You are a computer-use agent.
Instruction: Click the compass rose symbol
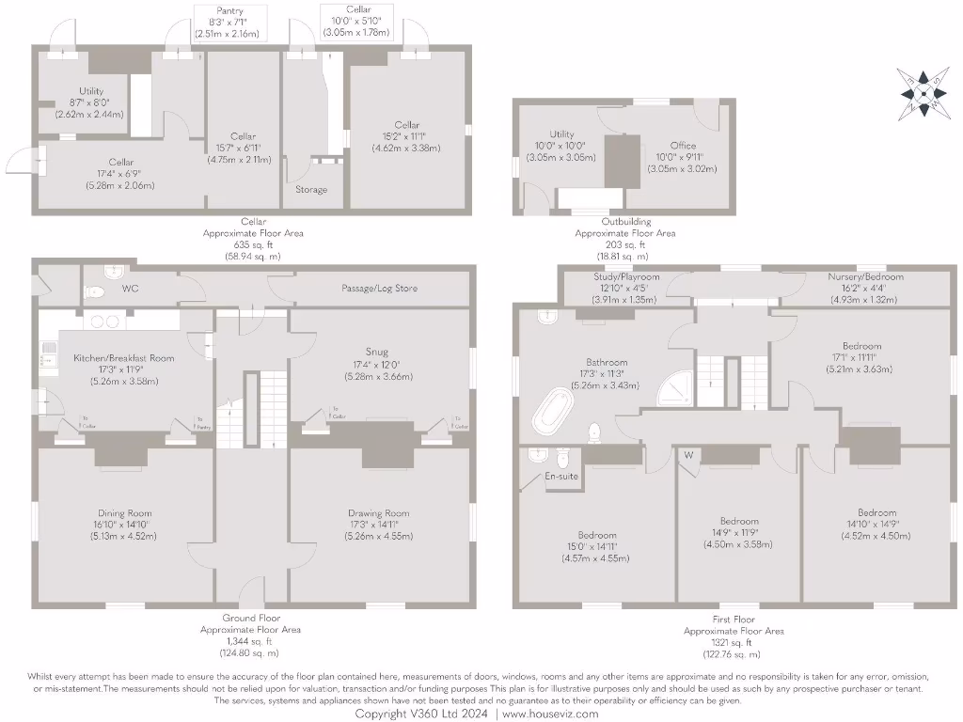tap(923, 92)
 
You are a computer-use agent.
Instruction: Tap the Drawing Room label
tap(378, 513)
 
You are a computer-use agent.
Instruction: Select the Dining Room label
tap(124, 513)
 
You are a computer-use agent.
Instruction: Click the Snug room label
tap(378, 353)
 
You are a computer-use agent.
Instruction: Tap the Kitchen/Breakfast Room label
tap(123, 358)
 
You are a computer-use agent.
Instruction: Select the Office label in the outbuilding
tap(684, 146)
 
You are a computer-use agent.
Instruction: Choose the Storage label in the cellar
tap(311, 190)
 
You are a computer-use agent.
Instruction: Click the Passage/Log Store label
tap(380, 289)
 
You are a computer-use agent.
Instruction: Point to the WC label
tap(130, 289)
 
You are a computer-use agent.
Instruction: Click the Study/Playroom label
tap(625, 277)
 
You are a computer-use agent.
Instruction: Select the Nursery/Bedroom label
tap(864, 277)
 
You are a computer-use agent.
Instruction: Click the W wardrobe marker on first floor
tap(689, 456)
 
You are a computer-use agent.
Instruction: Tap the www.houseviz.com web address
tap(549, 714)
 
